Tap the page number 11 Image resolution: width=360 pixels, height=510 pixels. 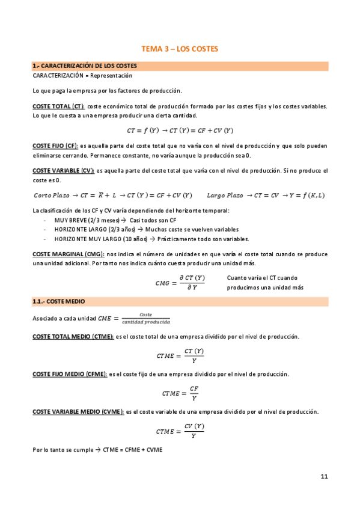(x=324, y=476)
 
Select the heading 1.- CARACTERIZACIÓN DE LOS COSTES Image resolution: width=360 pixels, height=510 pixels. (x=84, y=66)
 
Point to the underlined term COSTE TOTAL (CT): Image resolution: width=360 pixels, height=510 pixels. (x=58, y=106)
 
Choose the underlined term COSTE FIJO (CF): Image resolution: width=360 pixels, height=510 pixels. (x=55, y=146)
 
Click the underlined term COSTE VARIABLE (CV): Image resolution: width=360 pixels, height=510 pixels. (x=63, y=171)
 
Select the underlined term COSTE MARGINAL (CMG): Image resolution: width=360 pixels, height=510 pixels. (x=68, y=254)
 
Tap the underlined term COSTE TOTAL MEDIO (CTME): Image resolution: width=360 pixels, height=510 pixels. (x=72, y=337)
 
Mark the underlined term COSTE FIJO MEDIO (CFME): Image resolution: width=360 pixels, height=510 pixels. (x=70, y=374)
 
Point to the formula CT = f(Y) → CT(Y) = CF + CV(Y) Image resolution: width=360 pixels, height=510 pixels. (x=180, y=130)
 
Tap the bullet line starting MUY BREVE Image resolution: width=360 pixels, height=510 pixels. (x=96, y=220)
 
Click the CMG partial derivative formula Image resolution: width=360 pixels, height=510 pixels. (x=180, y=282)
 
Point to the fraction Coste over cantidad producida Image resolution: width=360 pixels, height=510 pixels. (x=145, y=318)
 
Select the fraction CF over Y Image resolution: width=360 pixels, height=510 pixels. (x=194, y=393)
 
